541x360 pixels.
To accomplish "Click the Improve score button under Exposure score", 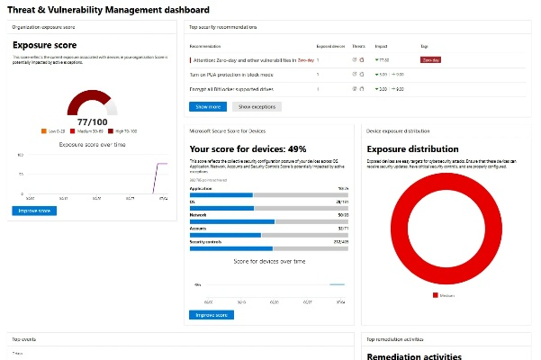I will (34, 211).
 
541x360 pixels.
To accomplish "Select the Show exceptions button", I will (257, 106).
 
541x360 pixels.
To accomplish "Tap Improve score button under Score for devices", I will (212, 315).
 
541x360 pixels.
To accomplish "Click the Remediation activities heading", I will (413, 355).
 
